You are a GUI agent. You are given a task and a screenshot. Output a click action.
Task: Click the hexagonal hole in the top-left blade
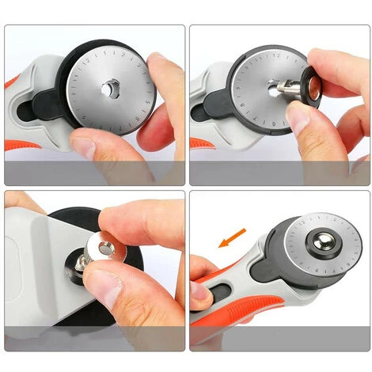pyautogui.click(x=108, y=89)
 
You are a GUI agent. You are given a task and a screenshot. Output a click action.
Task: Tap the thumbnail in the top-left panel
pyautogui.click(x=82, y=146)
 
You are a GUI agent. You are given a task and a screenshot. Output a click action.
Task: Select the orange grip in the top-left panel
pyautogui.click(x=12, y=81)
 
